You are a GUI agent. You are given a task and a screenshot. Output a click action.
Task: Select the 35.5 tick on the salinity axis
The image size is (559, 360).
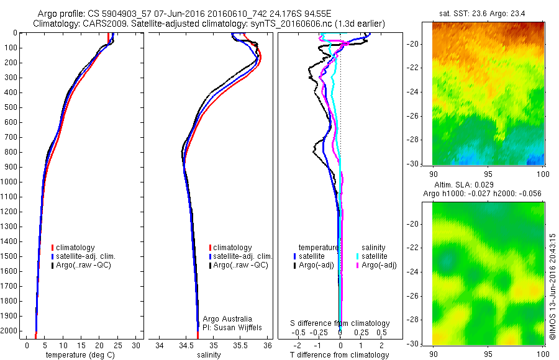coord(240,345)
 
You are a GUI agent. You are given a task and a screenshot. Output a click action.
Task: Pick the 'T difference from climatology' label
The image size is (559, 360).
coord(339,355)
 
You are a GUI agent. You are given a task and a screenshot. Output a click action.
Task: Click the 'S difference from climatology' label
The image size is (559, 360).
coord(340,323)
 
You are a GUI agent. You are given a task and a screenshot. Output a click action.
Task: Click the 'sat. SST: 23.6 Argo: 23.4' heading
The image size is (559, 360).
coord(488,14)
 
